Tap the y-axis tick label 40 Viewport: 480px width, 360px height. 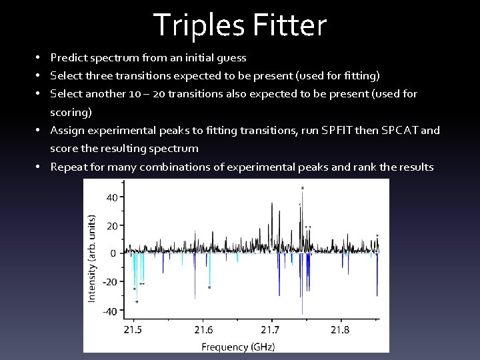(111, 197)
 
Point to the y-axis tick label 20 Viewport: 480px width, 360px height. (111, 225)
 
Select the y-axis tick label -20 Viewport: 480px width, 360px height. (109, 281)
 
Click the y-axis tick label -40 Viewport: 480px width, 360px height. (109, 311)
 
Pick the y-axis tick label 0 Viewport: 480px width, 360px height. (114, 253)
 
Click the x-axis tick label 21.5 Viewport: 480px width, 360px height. (133, 329)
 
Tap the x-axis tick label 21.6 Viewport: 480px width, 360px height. (203, 329)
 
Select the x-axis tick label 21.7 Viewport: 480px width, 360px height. (271, 329)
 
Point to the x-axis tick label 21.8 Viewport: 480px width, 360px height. (340, 329)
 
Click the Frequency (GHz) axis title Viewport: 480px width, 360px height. (238, 346)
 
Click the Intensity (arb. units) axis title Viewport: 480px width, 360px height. (91, 257)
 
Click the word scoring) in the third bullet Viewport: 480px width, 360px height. (71, 112)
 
